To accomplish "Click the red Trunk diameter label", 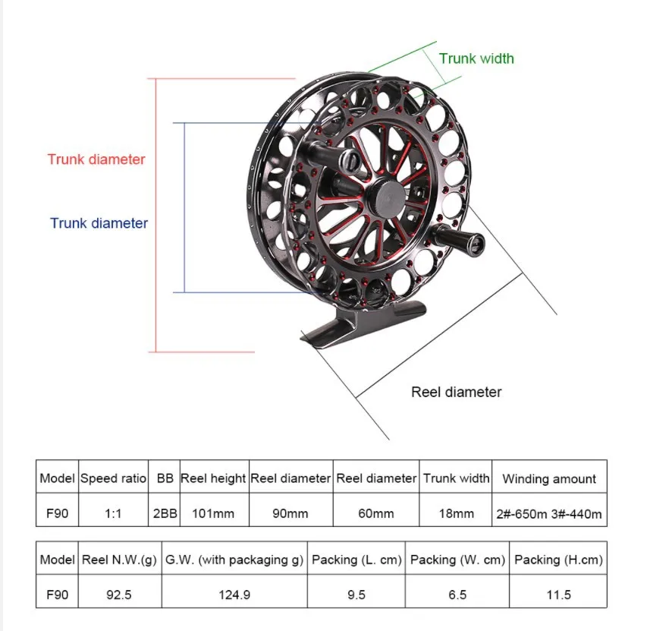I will (96, 159).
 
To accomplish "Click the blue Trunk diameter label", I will (99, 223).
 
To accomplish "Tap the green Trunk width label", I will (476, 58).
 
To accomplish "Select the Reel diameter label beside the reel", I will (457, 392).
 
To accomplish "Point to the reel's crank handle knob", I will (470, 242).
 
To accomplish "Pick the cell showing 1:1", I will (113, 513).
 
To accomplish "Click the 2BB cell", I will (165, 513).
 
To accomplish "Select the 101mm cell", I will (213, 513).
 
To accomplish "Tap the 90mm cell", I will (290, 513).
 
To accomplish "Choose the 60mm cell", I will (376, 513).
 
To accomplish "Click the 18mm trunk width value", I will (457, 513).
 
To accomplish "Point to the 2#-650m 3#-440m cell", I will (549, 513).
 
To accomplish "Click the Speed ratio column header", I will (113, 478).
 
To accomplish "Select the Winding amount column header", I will (549, 479).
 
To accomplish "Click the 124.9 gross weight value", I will (234, 595).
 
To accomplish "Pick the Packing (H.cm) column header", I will (558, 560).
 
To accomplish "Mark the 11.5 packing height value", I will (558, 595).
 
